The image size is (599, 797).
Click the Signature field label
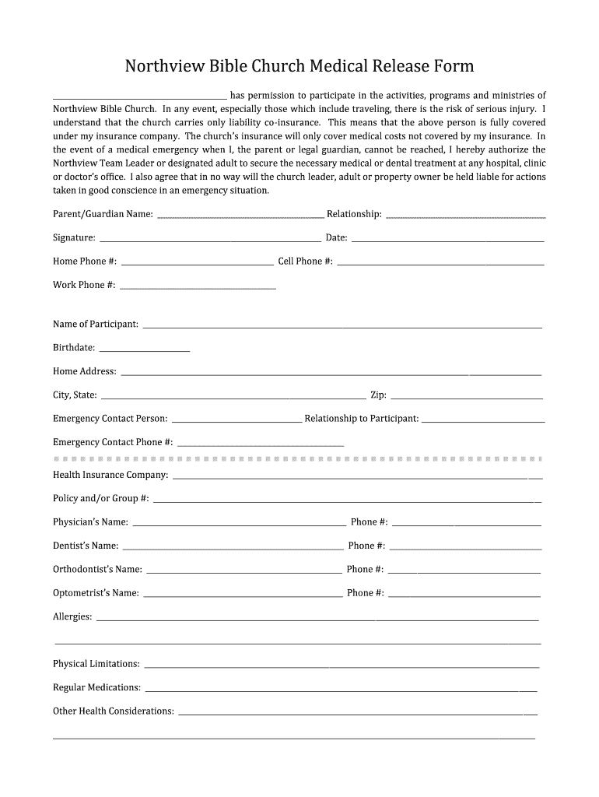coord(74,237)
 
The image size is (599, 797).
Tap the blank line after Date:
coord(447,239)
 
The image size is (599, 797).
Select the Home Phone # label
coord(85,261)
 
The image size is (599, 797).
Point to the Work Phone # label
coord(84,285)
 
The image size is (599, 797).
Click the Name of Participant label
coord(96,324)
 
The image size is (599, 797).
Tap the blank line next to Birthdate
coord(145,349)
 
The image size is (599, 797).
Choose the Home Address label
coord(85,371)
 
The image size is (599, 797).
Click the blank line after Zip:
coord(466,396)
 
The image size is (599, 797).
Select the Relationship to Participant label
coord(362,419)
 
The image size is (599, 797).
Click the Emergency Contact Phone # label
coord(113,442)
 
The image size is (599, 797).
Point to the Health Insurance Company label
coord(110,475)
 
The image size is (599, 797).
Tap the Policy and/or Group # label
coord(101,498)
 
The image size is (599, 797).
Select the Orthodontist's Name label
coord(97,569)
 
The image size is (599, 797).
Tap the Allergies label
coord(72,616)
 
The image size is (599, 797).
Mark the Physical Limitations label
coord(96,664)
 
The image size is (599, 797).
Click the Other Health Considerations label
coord(114,711)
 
